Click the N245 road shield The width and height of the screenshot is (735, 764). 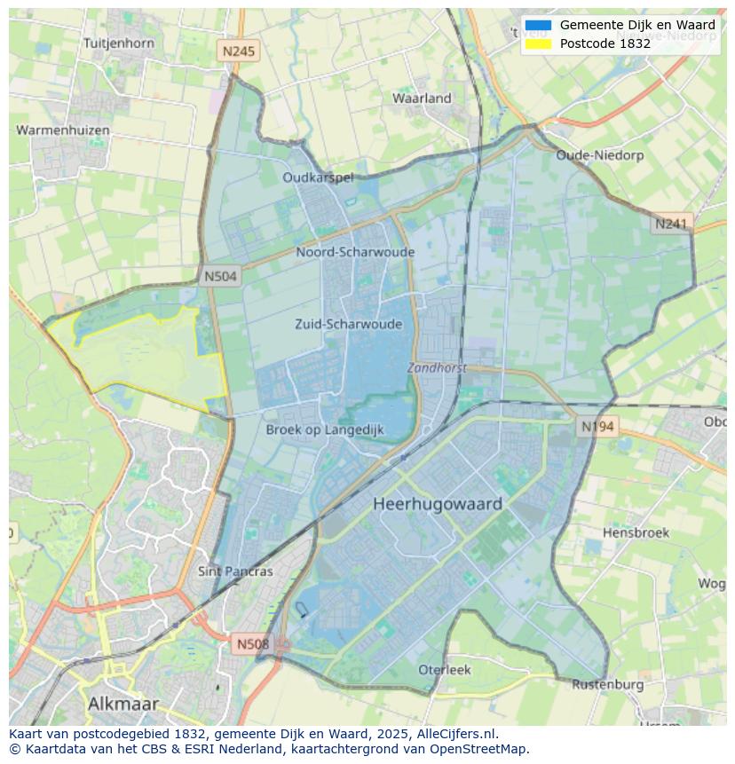pos(238,51)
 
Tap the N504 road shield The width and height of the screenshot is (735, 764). pos(220,276)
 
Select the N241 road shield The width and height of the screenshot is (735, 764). pos(671,224)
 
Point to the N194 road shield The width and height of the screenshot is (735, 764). pos(597,427)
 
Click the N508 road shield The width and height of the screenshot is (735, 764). pos(253,644)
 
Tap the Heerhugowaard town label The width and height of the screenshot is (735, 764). pos(438,504)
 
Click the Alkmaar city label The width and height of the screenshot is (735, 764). pos(123,704)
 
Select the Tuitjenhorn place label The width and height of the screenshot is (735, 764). pos(118,43)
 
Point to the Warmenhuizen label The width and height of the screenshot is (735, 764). pos(63,130)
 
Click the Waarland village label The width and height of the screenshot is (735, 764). pos(422,98)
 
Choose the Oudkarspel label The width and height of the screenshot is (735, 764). pos(318,177)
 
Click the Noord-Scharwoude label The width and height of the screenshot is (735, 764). pos(355,252)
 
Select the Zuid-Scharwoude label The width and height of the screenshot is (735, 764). pos(348,324)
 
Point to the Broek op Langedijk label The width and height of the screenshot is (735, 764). pos(325,429)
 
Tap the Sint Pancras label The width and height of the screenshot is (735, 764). pos(235,571)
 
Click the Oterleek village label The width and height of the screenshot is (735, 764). pos(445,670)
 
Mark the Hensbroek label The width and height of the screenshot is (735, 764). pos(636,533)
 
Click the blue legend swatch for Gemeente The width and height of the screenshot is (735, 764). pos(538,26)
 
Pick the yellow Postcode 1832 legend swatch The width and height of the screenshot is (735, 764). pos(538,43)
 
